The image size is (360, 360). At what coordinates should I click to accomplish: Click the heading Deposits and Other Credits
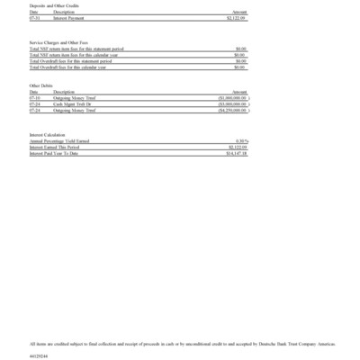49,5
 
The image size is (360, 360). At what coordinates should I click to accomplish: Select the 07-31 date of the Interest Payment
34,17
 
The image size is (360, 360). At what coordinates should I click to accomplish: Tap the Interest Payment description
70,17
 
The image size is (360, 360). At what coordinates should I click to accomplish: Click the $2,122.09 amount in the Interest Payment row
235,17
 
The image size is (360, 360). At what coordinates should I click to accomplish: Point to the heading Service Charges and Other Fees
58,42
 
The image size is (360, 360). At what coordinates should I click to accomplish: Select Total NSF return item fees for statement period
76,49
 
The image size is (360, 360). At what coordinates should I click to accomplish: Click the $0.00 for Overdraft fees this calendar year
240,67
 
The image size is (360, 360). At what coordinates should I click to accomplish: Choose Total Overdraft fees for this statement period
76,61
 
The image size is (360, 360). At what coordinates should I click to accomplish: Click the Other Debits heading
41,86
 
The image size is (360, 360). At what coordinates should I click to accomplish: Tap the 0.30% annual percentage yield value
240,141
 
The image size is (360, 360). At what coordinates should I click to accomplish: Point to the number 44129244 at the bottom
39,355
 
